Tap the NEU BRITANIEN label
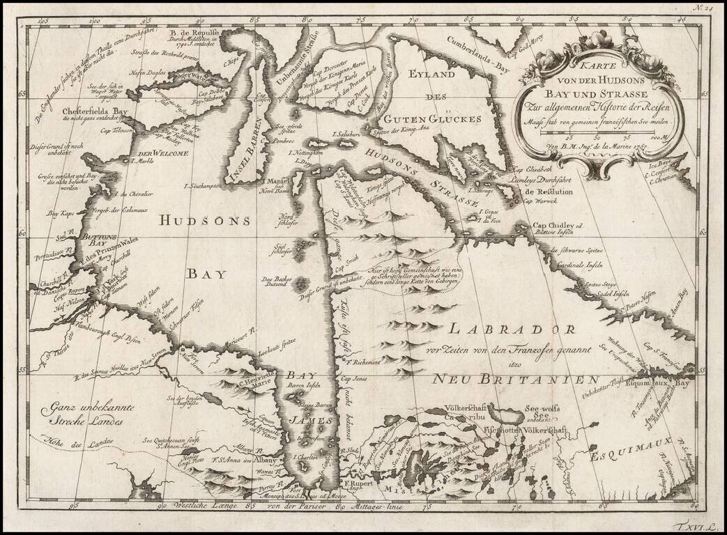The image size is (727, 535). [x=514, y=380]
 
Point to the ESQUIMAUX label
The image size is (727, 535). [x=625, y=456]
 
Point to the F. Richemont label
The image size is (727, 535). [x=362, y=362]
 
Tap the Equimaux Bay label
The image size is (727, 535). [x=657, y=383]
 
